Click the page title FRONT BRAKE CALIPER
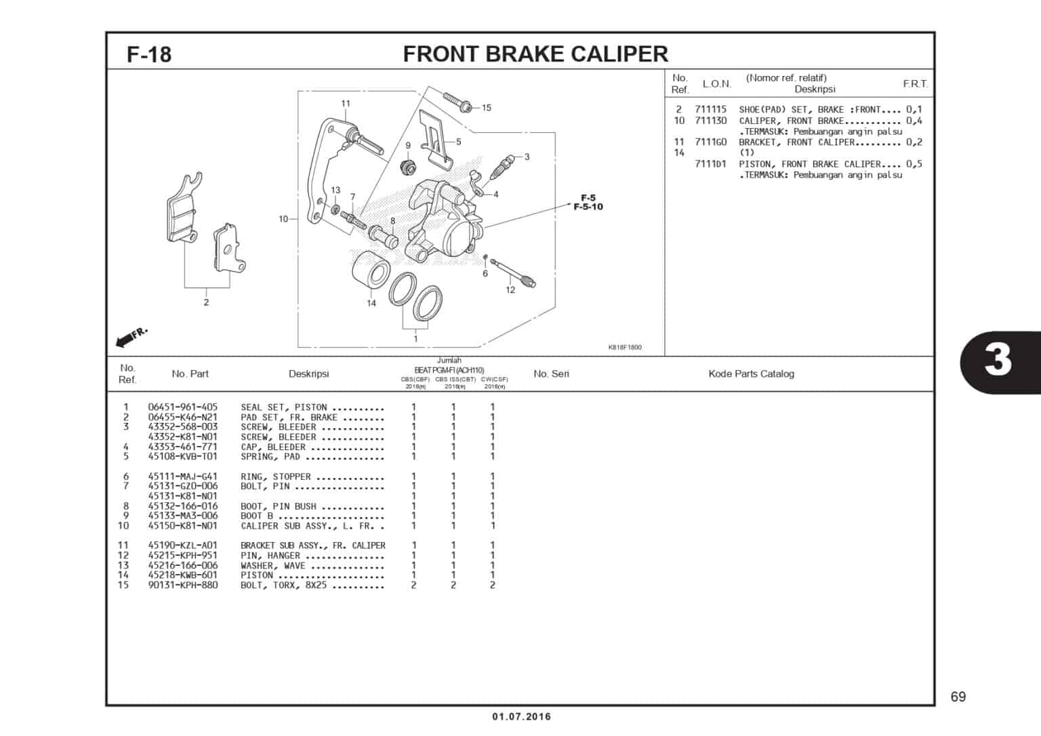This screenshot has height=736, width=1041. coord(535,54)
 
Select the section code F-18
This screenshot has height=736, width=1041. coord(149,54)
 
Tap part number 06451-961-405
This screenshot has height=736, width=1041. coord(183,407)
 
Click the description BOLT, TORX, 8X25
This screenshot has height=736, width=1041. coord(284,585)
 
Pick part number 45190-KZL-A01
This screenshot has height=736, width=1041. coord(183,545)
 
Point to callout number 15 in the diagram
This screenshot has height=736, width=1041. coord(487,108)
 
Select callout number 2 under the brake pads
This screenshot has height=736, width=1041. coord(206,302)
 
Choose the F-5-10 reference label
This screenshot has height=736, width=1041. coord(588,207)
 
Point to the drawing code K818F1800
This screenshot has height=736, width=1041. coord(624,348)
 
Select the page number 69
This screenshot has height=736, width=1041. coord(958,697)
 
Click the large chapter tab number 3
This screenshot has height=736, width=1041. coord(998,360)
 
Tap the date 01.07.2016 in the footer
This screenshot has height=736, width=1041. coord(521,716)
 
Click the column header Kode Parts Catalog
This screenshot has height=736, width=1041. coord(751,373)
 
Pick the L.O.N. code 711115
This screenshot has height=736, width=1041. coord(710,109)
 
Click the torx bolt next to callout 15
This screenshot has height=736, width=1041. coord(458,102)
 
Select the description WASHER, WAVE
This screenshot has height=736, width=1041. coord(273,565)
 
